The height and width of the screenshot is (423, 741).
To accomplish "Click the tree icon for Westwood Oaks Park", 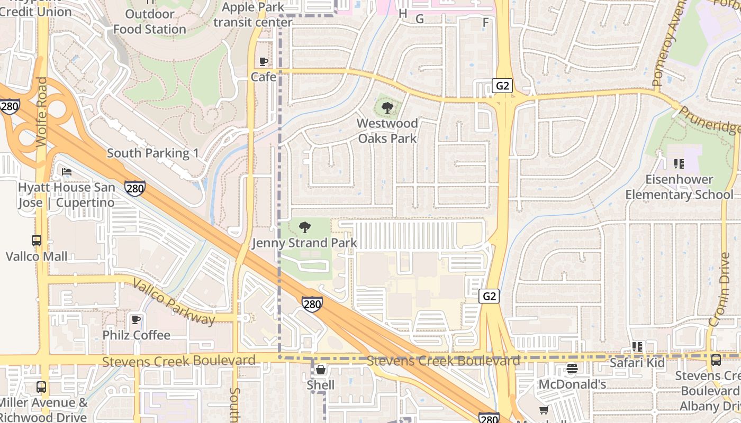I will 387,108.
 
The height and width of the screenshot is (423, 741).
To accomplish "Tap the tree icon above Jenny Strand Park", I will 304,228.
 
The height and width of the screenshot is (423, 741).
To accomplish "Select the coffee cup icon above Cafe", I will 263,61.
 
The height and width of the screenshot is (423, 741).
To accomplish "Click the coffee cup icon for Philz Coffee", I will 136,319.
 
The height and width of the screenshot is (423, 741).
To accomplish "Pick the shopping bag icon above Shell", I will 320,370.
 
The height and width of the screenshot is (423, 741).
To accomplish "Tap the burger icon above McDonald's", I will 572,369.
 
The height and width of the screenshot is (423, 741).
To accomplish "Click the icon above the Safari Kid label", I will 637,347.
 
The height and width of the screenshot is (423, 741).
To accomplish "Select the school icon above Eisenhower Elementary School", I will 679,164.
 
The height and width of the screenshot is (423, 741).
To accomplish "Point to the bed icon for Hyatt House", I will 67,172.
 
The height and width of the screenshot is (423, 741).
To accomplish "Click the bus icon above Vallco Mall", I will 37,241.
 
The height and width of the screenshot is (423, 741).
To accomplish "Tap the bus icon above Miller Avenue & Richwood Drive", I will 41,387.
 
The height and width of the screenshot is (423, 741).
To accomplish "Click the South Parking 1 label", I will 153,153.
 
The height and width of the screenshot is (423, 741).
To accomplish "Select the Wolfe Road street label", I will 42,112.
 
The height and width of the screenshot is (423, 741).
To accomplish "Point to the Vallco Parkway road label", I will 174,301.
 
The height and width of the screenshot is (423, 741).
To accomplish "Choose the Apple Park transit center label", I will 253,15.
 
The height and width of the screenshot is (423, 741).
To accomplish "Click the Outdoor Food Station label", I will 150,22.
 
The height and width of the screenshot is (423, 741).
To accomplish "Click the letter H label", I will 403,13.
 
